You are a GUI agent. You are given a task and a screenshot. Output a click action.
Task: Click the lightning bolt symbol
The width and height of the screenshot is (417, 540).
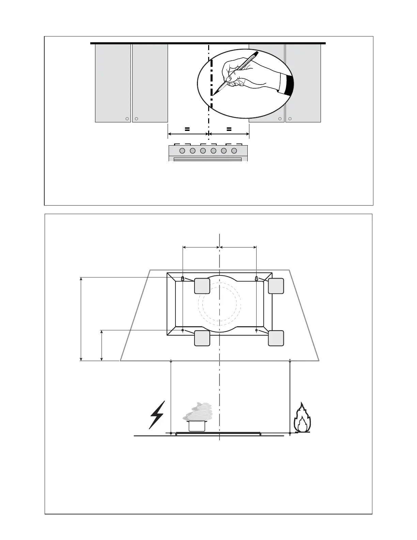pos(157,414)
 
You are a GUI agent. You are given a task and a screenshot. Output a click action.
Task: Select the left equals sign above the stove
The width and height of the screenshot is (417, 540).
pos(187,129)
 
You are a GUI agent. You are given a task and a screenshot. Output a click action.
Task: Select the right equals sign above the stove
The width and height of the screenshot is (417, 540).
pos(229,129)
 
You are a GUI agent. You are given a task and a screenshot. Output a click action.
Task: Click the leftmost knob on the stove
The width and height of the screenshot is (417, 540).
pos(182,151)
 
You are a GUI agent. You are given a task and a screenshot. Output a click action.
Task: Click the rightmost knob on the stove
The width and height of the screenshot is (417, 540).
pos(234,151)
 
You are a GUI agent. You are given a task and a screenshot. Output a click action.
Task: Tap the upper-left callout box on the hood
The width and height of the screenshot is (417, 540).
pos(202,286)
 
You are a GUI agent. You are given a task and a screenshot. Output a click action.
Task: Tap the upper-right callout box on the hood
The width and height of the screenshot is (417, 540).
pos(276,286)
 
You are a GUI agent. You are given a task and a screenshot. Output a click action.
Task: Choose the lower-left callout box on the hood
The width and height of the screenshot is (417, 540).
pos(202,338)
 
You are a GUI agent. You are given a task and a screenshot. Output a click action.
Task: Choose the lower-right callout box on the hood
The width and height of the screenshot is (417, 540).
pos(276,338)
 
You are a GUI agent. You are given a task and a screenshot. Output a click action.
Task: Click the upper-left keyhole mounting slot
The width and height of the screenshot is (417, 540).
pos(183,279)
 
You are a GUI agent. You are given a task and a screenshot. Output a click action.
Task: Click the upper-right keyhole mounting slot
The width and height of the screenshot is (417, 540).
pos(256,279)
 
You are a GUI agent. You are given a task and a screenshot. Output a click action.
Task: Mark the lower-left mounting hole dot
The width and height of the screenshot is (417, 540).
pos(183,330)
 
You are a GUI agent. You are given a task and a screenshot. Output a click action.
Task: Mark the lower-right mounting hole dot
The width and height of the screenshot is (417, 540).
pos(256,330)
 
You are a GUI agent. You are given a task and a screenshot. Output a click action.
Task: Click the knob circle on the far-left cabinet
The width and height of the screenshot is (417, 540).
pos(127,119)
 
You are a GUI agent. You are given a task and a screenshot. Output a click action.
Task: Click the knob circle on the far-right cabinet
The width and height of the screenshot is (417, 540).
pos(290,119)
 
